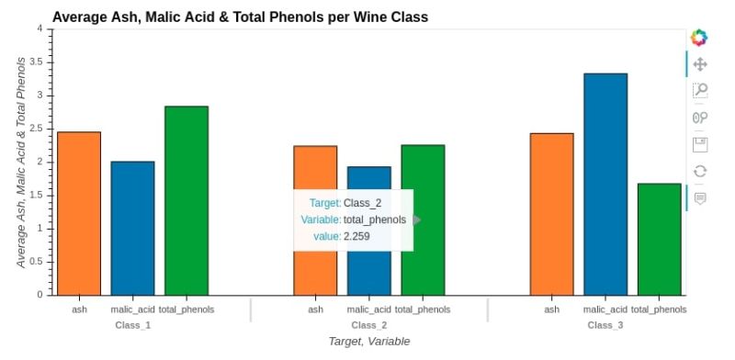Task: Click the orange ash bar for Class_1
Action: [79, 213]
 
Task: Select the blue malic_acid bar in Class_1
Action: [132, 228]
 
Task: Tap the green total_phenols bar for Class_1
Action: [187, 200]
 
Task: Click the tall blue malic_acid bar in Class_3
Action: [605, 184]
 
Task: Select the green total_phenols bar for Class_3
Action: [659, 239]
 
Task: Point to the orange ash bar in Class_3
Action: [551, 213]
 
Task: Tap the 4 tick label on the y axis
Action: [39, 28]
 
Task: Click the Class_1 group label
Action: [133, 325]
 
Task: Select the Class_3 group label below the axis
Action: [605, 325]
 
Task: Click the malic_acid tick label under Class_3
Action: [605, 309]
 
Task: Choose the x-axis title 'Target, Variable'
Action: [369, 342]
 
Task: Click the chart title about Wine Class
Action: [240, 17]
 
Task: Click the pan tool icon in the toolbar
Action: [700, 64]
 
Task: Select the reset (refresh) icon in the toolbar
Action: [700, 171]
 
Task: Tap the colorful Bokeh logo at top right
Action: [699, 38]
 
